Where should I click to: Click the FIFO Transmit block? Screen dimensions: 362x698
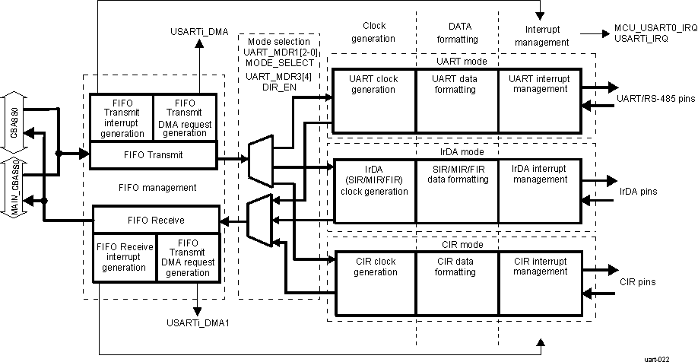[154, 155]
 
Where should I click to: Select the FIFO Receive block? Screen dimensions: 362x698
[156, 221]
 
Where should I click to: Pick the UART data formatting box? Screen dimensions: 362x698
[458, 100]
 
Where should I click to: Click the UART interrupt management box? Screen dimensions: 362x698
[540, 100]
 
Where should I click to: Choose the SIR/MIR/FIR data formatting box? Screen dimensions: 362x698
[458, 190]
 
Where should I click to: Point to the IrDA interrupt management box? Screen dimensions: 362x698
[540, 190]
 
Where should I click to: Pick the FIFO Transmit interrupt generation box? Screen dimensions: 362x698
[122, 117]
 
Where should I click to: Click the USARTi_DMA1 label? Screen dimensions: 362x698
[198, 322]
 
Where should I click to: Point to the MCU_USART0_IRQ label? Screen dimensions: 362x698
[655, 27]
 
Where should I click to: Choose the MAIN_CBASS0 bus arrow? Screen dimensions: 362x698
[14, 187]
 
